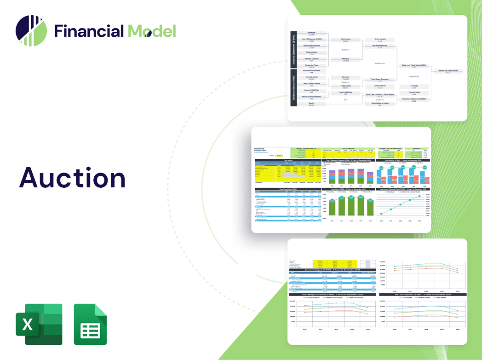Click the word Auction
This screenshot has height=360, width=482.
[x=72, y=178]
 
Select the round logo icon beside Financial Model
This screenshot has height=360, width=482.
[x=31, y=31]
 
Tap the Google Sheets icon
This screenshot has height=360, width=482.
[x=90, y=324]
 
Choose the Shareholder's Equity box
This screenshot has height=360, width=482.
[x=379, y=104]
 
